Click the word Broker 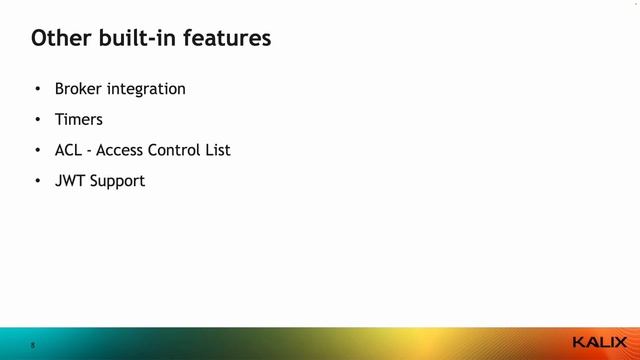(78, 88)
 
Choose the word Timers (79, 119)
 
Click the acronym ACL (69, 150)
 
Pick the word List (218, 150)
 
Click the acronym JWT (70, 181)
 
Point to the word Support (118, 182)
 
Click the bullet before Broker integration (37, 89)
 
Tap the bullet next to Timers (37, 119)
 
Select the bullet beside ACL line (37, 150)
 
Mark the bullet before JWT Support (37, 181)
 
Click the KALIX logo (600, 343)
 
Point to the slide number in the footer (32, 345)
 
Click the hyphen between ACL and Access (90, 151)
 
